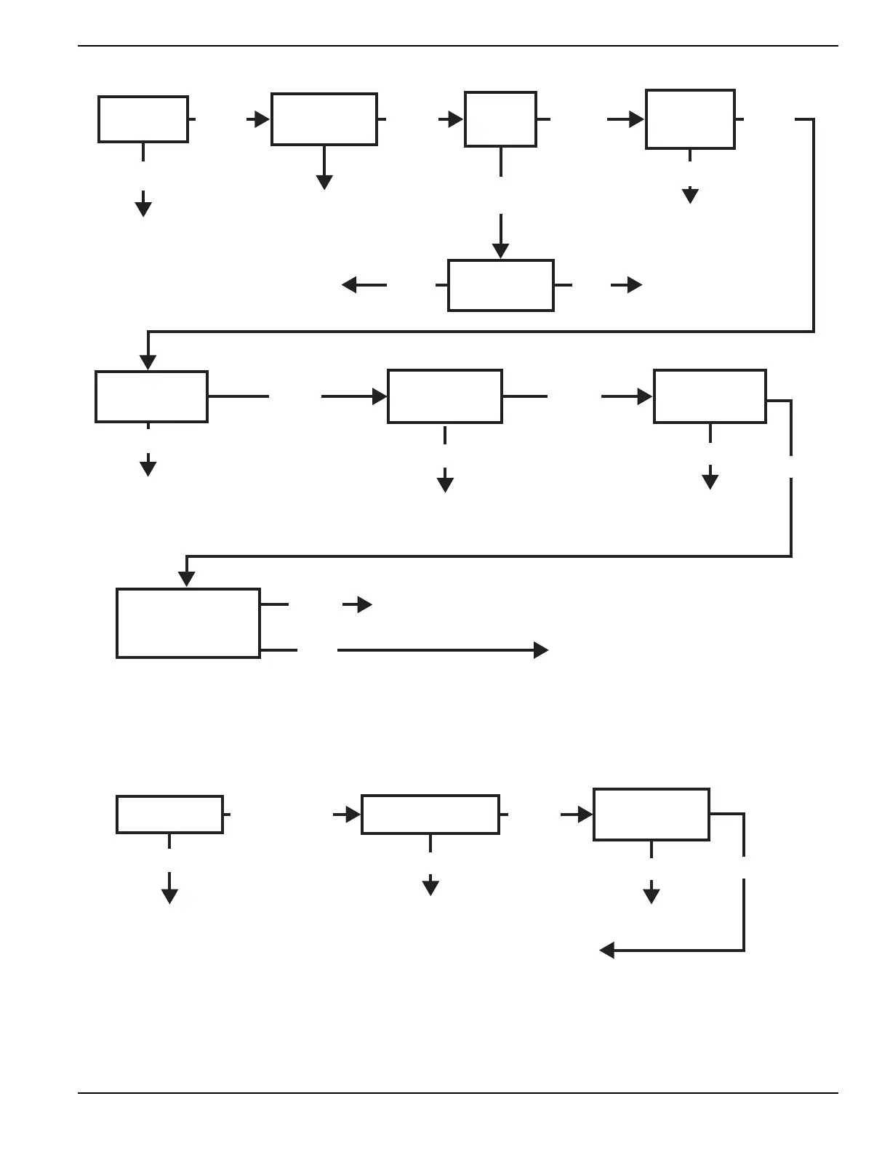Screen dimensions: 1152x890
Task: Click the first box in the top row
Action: click(x=143, y=119)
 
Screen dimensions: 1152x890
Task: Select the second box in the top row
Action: click(x=324, y=119)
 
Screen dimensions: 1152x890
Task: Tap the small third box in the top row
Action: click(x=500, y=119)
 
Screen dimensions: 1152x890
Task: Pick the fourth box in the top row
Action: click(x=690, y=119)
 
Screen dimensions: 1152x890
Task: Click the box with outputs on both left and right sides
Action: click(x=501, y=285)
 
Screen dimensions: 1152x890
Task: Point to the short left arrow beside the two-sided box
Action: click(x=364, y=285)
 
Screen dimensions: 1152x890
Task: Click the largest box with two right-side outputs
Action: click(x=188, y=623)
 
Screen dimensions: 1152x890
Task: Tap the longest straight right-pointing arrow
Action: click(x=443, y=650)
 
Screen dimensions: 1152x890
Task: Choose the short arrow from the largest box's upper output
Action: click(x=358, y=604)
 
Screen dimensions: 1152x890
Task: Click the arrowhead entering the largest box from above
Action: click(x=187, y=579)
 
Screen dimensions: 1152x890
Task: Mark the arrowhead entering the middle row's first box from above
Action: click(x=148, y=362)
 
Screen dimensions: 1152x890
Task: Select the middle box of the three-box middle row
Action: click(x=445, y=396)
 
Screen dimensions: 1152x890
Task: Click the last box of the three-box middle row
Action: click(x=710, y=396)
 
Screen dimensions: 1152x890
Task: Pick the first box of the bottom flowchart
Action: click(x=169, y=815)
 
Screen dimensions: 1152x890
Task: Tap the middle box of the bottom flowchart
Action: click(x=430, y=815)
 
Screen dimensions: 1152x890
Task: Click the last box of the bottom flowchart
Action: click(x=652, y=815)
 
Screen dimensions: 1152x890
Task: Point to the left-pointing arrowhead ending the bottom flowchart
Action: click(x=607, y=950)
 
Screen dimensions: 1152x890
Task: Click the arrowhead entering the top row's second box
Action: click(x=262, y=119)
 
